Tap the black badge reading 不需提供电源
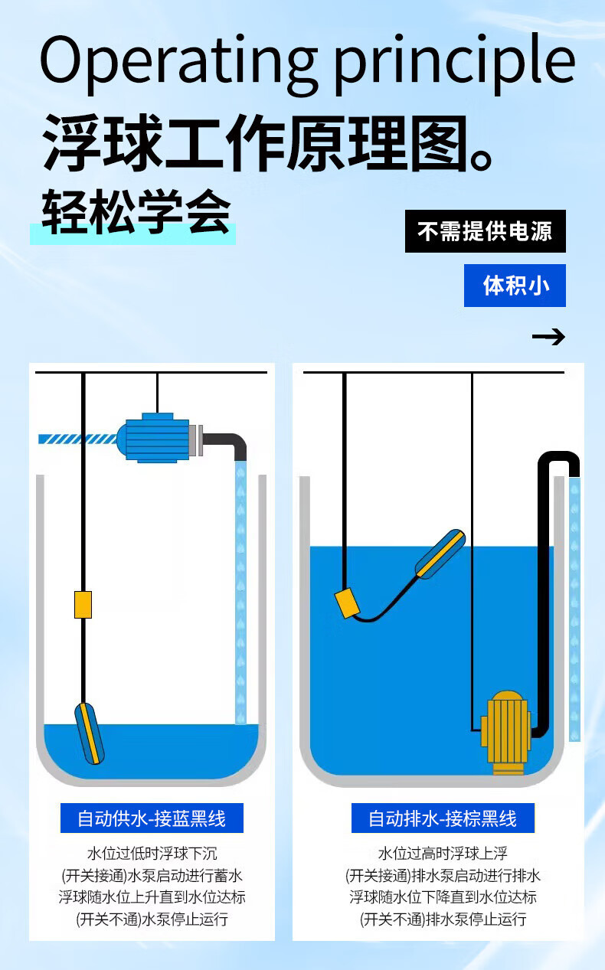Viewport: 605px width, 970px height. coord(485,231)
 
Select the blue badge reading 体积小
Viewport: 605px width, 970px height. coord(515,286)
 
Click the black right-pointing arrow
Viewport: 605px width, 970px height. coord(548,337)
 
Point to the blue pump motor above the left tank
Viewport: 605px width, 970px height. coord(157,438)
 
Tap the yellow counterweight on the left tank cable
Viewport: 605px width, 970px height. coord(83,604)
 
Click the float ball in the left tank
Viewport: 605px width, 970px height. coord(90,733)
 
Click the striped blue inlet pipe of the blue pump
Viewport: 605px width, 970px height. coord(77,439)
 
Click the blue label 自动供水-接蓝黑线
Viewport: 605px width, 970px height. coord(152,818)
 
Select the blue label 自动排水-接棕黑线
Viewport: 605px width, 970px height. coord(443,818)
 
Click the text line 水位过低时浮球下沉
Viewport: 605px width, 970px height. coord(152,853)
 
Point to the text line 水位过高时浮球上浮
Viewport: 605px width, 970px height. coord(443,853)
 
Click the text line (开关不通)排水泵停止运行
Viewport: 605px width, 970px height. coord(443,919)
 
